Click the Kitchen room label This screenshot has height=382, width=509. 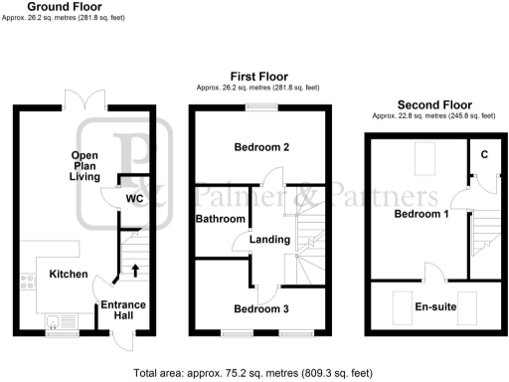(x=69, y=274)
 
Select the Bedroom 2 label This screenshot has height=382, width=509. (x=261, y=148)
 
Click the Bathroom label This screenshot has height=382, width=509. (x=219, y=218)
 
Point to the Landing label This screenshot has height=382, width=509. (x=269, y=240)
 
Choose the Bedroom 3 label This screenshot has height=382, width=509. (x=261, y=309)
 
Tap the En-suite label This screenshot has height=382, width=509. (x=435, y=307)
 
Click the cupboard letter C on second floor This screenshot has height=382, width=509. (x=483, y=154)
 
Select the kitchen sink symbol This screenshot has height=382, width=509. (x=54, y=320)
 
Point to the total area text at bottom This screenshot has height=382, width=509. (x=254, y=374)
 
